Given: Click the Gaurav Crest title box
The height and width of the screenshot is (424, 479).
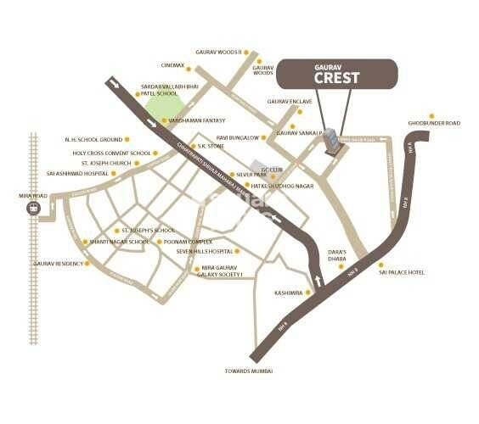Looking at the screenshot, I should point(337,73).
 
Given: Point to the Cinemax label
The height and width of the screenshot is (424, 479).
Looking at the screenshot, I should point(172,65).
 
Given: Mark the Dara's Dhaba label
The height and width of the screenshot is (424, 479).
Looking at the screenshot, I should point(340,256).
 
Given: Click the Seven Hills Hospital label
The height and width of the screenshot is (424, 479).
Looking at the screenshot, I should point(204,252).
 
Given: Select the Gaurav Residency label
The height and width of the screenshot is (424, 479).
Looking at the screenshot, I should point(58,264).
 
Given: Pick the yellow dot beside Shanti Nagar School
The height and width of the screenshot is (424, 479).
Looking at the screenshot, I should point(86,242).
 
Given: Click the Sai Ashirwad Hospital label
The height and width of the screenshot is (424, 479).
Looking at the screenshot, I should point(83,174).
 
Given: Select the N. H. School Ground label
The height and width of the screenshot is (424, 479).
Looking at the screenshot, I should point(93,139).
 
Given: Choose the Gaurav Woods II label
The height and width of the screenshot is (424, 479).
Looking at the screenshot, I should point(218,52).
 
